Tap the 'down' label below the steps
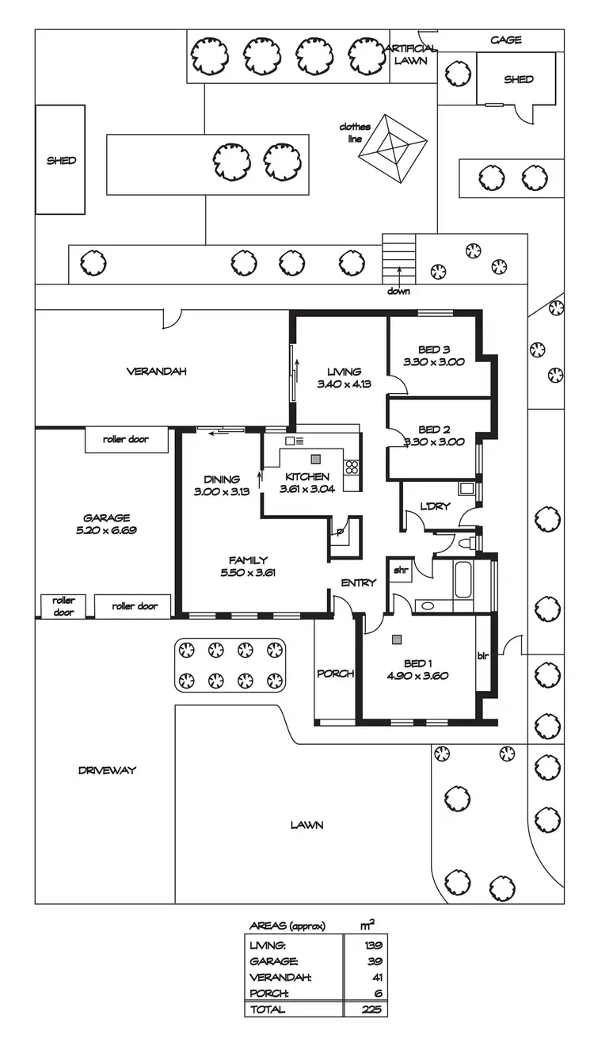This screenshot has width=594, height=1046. pyautogui.click(x=398, y=290)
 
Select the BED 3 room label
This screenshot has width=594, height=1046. pyautogui.click(x=433, y=349)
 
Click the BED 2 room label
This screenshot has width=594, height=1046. pyautogui.click(x=433, y=429)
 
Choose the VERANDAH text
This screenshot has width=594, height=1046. pyautogui.click(x=156, y=371)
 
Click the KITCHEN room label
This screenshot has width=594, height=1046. pyautogui.click(x=307, y=477)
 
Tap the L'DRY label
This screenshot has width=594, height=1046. pyautogui.click(x=435, y=506)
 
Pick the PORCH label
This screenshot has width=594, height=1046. pyautogui.click(x=335, y=674)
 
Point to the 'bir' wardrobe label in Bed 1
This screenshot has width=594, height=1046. pyautogui.click(x=483, y=656)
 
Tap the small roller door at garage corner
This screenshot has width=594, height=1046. pyautogui.click(x=63, y=606)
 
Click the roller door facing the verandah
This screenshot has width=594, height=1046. pyautogui.click(x=126, y=439)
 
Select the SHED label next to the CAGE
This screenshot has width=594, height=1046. pyautogui.click(x=519, y=79)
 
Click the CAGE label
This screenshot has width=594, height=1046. pyautogui.click(x=505, y=40)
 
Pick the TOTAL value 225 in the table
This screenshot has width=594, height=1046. pyautogui.click(x=372, y=1010)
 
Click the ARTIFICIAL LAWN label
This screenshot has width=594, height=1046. pyautogui.click(x=411, y=54)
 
